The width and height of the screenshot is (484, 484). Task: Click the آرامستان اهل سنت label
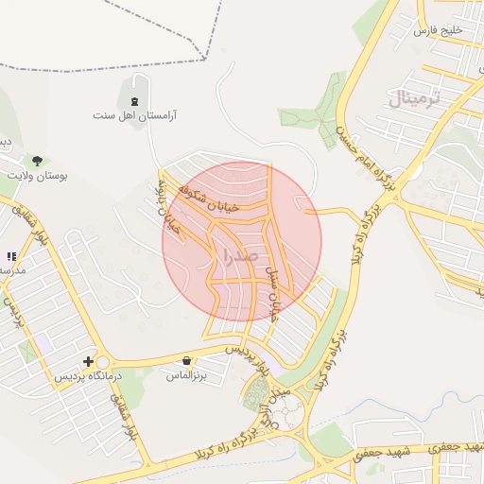(134, 115)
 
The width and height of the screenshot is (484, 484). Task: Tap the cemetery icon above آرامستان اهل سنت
(134, 100)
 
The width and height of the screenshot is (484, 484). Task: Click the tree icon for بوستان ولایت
(37, 161)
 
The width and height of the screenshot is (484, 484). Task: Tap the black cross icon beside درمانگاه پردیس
(89, 361)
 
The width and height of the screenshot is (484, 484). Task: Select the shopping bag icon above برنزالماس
(187, 360)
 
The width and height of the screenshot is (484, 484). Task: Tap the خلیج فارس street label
(441, 30)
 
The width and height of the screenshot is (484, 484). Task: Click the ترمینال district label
(414, 97)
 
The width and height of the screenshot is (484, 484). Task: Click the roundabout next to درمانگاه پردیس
(102, 362)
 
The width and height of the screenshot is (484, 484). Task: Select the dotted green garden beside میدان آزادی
(255, 395)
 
